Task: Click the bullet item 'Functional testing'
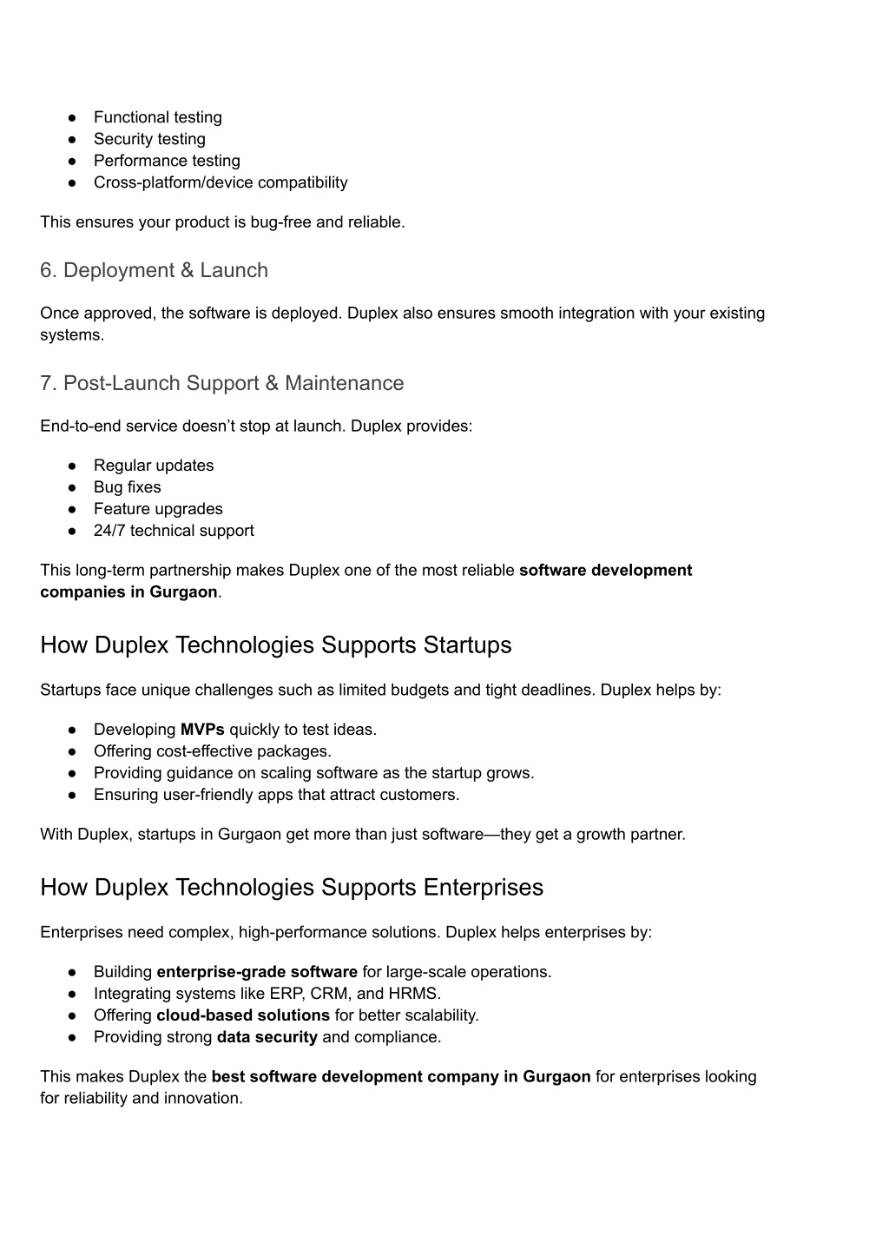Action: click(x=157, y=117)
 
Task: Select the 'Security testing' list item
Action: click(x=149, y=139)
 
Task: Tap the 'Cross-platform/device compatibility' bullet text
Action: click(x=221, y=182)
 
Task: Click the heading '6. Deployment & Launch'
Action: click(x=154, y=270)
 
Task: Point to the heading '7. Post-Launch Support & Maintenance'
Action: click(x=221, y=383)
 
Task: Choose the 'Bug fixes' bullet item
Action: click(x=127, y=487)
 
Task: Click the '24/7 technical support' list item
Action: click(x=174, y=531)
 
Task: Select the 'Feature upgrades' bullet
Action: click(x=158, y=509)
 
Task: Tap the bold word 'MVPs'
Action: click(x=202, y=730)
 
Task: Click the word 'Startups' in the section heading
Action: click(x=467, y=645)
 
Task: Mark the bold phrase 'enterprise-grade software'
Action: click(x=257, y=972)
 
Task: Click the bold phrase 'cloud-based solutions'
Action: click(x=243, y=1015)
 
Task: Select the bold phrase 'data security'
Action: click(x=267, y=1037)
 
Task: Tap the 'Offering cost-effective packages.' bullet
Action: click(x=213, y=751)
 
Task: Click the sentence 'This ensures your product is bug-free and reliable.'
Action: click(x=222, y=222)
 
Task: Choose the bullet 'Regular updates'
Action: click(x=154, y=466)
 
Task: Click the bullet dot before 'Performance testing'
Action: click(x=74, y=161)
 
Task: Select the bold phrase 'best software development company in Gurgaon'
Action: click(x=401, y=1077)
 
